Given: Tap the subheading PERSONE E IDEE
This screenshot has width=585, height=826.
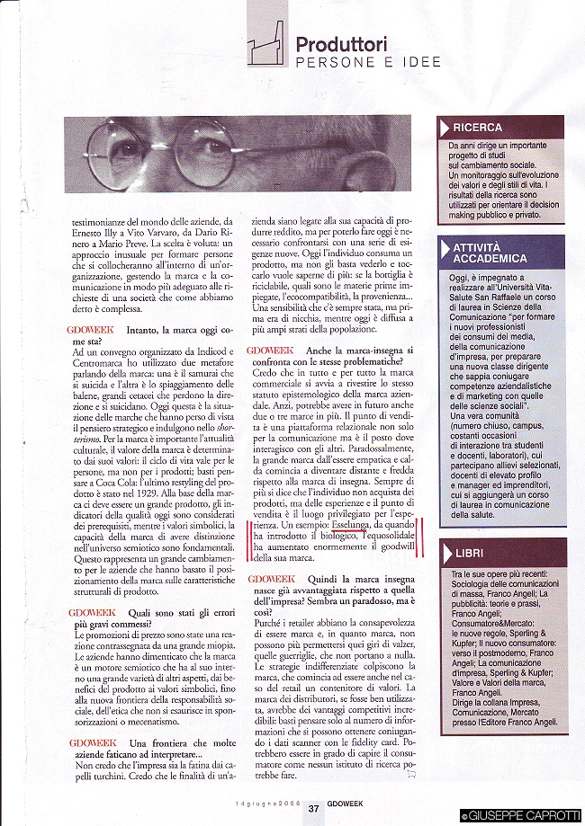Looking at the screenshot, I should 368,62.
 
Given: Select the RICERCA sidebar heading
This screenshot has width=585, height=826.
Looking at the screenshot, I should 478,128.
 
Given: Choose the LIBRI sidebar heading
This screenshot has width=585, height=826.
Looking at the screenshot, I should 469,554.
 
